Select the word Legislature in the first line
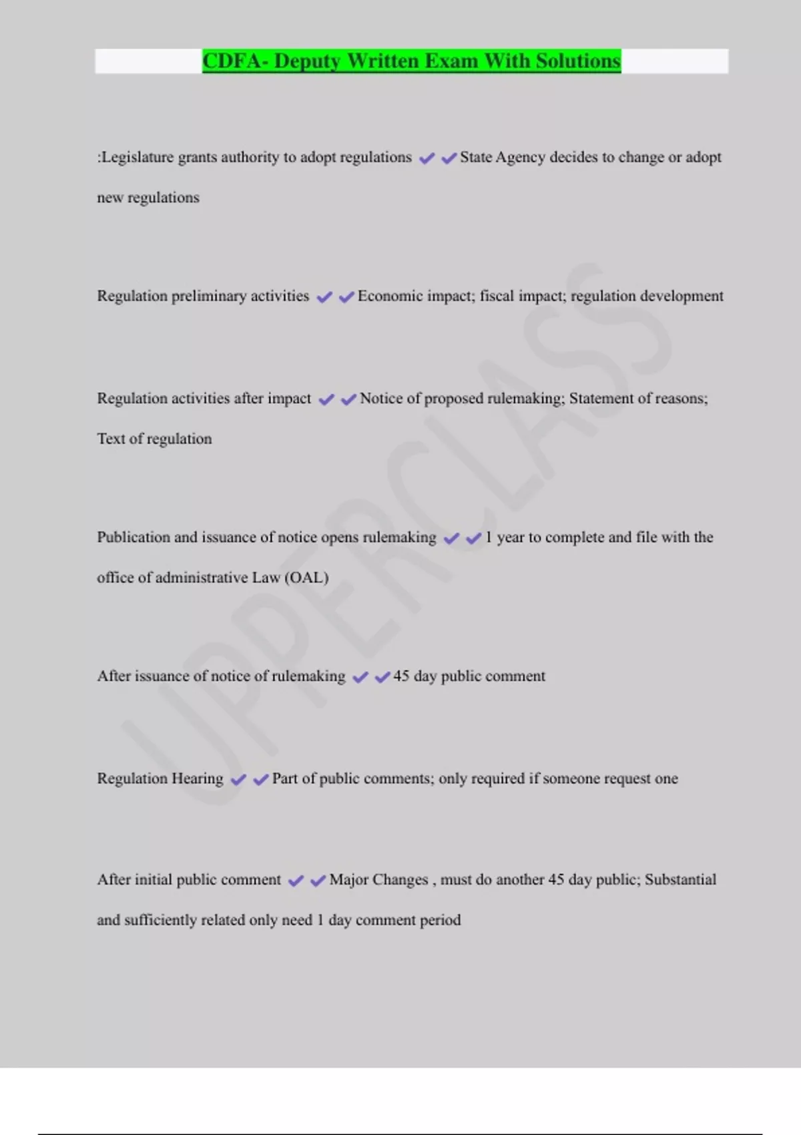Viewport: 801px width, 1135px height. tap(138, 158)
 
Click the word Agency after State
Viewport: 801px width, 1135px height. tap(520, 158)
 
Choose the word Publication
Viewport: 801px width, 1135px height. tap(133, 537)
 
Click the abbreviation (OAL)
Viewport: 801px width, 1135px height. tap(306, 578)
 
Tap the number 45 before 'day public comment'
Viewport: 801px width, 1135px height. tap(401, 676)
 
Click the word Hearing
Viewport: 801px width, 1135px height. tap(198, 778)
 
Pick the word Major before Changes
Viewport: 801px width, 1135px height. tap(348, 880)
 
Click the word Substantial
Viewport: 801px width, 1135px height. tap(680, 880)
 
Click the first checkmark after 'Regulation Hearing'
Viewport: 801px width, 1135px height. tap(238, 779)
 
